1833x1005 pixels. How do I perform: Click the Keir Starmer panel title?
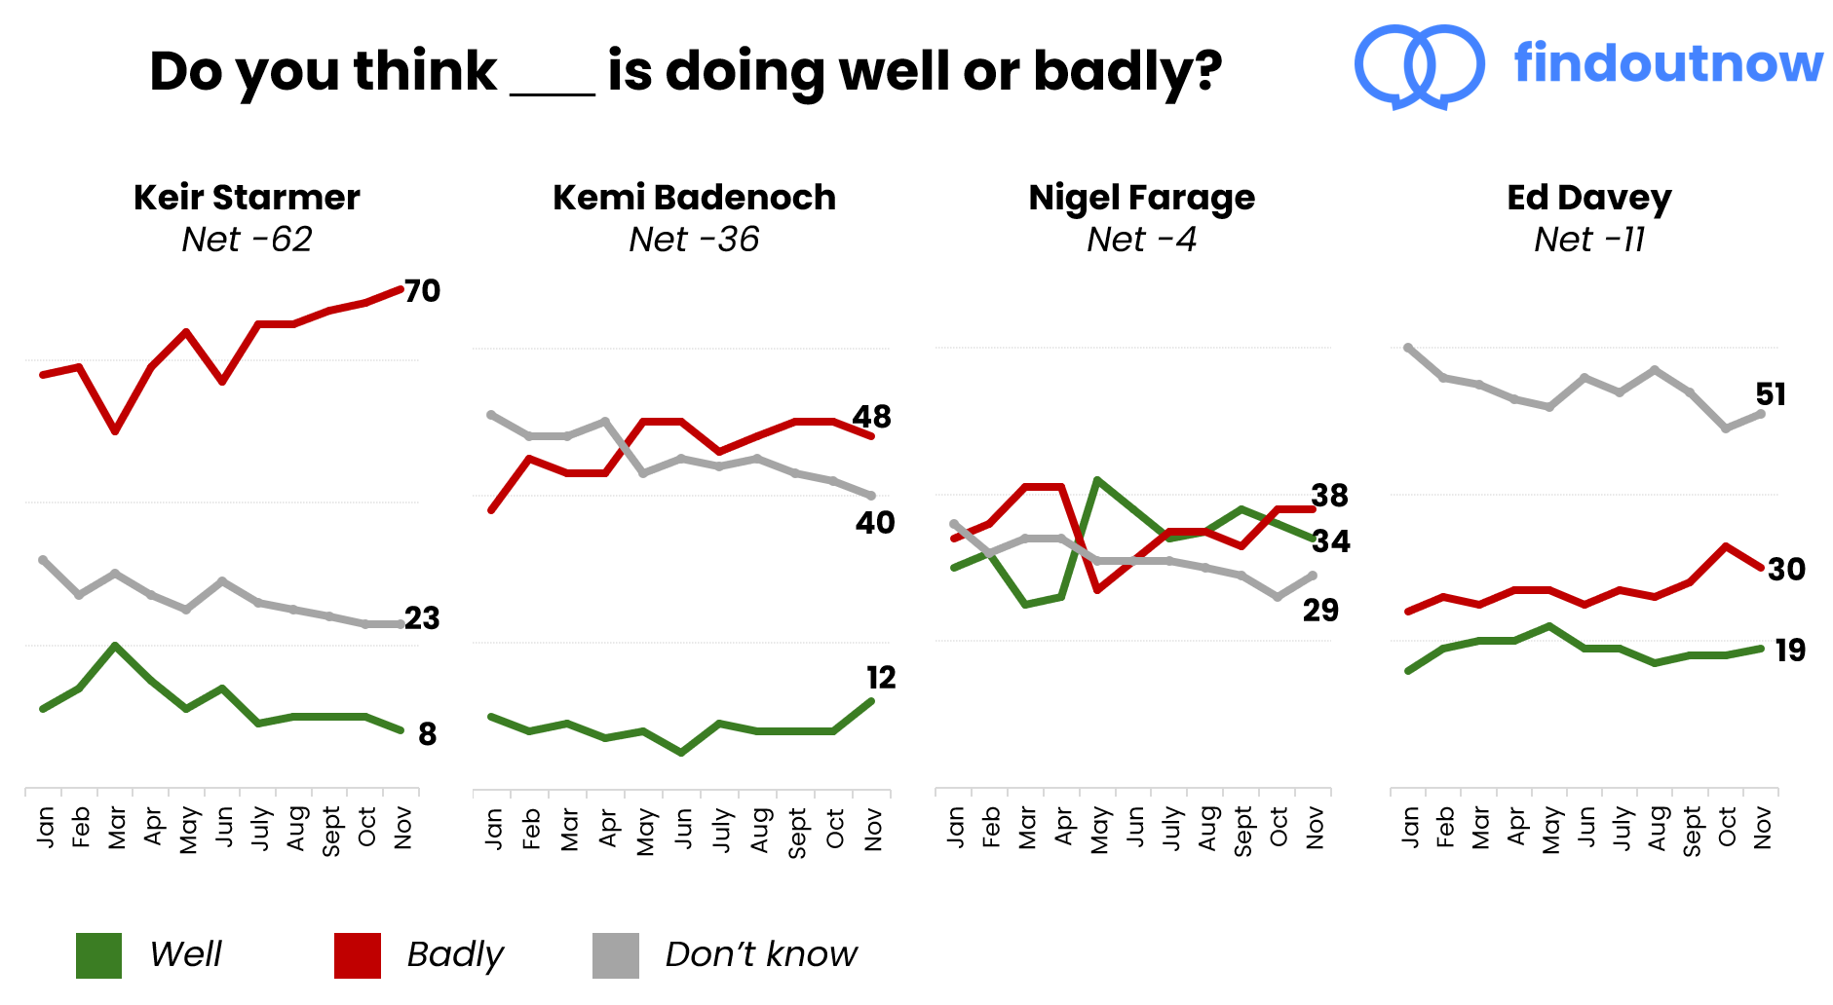pos(247,198)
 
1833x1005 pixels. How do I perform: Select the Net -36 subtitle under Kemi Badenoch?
pos(694,240)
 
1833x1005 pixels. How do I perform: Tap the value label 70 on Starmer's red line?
pos(422,291)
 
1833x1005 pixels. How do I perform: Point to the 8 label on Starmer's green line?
pos(427,734)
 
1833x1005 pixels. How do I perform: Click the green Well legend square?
pos(98,955)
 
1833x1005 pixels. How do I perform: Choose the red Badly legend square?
pos(357,955)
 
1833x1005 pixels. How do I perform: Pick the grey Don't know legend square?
pos(615,955)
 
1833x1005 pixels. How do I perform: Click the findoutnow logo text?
pos(1667,63)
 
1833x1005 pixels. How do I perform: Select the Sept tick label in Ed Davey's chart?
pos(1693,831)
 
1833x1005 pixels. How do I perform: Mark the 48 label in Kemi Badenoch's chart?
pos(871,418)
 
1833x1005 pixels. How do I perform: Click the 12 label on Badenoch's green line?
pos(880,678)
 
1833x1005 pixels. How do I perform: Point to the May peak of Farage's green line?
pos(1097,480)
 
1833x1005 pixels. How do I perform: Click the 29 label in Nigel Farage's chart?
pos(1320,611)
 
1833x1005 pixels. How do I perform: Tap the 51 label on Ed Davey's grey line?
pos(1770,394)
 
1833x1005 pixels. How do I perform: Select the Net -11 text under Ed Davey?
pos(1588,240)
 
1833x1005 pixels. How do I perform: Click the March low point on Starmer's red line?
pos(115,430)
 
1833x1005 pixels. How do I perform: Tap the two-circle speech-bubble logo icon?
pos(1419,66)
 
